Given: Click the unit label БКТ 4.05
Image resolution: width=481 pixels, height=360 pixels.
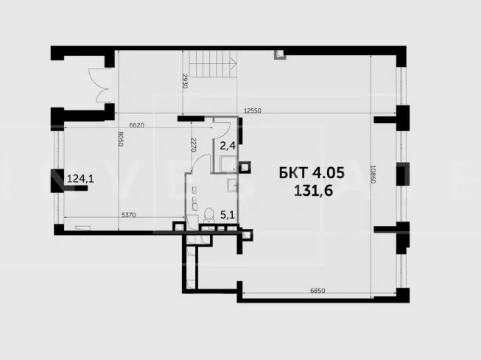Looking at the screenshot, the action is pos(312,173).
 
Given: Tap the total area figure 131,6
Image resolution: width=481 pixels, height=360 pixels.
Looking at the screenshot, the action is pos(314,191).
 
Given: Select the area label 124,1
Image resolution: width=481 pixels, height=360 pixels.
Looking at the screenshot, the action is pos(80,178).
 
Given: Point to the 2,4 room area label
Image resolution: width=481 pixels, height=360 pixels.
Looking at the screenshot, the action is pos(228,146).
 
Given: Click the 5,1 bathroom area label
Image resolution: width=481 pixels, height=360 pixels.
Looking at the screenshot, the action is pos(228,215).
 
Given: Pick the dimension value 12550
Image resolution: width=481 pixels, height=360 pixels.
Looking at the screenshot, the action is pos(253,110).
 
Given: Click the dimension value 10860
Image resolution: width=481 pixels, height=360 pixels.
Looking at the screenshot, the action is pos(373,174).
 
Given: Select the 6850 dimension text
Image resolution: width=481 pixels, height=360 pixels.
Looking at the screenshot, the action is pos(317,290).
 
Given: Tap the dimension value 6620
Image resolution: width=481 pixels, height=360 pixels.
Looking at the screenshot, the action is pos(136,125).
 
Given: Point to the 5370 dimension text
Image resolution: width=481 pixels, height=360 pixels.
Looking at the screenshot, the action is pos(128,215).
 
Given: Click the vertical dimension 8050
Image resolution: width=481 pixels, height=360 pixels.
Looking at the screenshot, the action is pos(121,138).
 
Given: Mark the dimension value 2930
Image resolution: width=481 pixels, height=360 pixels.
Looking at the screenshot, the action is pos(185,81).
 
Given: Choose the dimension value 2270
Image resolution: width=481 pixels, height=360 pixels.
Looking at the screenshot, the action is pos(193,145).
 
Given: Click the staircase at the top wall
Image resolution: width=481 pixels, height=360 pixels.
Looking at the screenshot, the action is pos(213,64).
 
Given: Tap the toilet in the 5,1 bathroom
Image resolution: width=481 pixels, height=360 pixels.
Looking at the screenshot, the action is pos(209,214).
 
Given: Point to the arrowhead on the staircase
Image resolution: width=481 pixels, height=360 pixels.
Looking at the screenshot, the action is pos(234,64).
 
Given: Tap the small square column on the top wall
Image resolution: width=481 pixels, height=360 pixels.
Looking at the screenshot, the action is pos(280,54).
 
